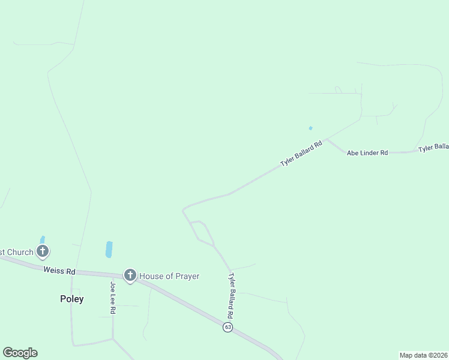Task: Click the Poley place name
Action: (x=71, y=299)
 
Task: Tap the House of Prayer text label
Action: (x=169, y=276)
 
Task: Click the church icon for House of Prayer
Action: (x=130, y=275)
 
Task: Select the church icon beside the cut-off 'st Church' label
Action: (x=43, y=251)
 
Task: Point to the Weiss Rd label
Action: (x=59, y=271)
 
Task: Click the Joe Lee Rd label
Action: (x=112, y=297)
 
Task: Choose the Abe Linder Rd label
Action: (x=367, y=153)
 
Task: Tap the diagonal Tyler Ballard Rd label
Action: (x=301, y=154)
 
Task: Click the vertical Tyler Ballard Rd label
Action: (x=231, y=296)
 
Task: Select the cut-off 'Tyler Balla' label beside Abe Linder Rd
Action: (x=433, y=148)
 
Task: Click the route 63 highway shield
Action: (x=228, y=327)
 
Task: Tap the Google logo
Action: (x=20, y=353)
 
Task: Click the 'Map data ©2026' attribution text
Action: (x=424, y=355)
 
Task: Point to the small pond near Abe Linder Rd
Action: (x=310, y=128)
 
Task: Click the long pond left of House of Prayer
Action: (x=109, y=249)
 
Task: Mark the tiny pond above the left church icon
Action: (x=42, y=239)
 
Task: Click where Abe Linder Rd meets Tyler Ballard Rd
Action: (x=327, y=140)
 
